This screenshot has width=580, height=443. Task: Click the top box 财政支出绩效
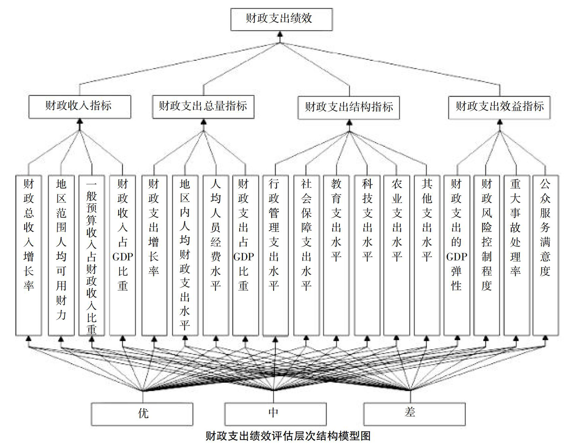point(282,19)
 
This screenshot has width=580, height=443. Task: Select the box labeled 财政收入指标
point(79,107)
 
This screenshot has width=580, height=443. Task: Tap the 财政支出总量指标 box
point(203,107)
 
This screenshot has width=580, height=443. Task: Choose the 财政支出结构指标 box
point(348,108)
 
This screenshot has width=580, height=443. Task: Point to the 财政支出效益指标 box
point(499,108)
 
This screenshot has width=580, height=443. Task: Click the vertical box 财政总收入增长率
point(29,256)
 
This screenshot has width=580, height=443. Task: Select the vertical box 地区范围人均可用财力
point(61,256)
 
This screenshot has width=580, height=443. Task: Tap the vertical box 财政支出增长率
point(154,256)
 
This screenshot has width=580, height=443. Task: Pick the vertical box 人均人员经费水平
point(215,256)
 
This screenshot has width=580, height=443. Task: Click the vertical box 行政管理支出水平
point(275,256)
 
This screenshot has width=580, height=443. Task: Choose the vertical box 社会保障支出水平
point(306,256)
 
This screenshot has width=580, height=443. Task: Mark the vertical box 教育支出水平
point(336,256)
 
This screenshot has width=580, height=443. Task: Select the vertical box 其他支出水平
point(427,256)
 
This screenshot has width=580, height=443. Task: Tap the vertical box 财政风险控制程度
point(486,256)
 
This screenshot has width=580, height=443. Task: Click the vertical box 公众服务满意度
point(546,256)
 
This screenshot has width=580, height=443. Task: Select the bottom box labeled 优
point(142,414)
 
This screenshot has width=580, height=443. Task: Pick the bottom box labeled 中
point(275,414)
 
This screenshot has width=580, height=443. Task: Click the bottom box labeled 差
point(414,414)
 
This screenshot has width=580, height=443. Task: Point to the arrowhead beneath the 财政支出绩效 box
point(280,34)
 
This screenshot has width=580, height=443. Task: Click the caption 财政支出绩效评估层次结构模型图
point(288,436)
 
